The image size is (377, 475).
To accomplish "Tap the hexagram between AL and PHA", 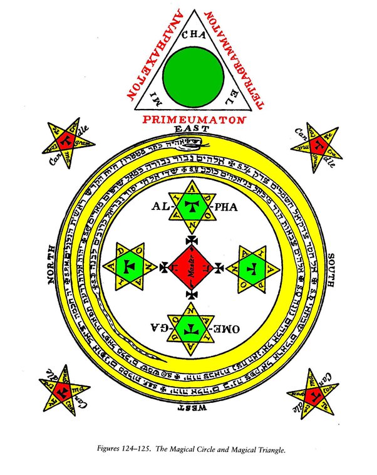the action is [190, 206].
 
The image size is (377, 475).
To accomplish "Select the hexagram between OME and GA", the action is [190, 327].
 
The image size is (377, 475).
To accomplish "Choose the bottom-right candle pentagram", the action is [314, 392].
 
